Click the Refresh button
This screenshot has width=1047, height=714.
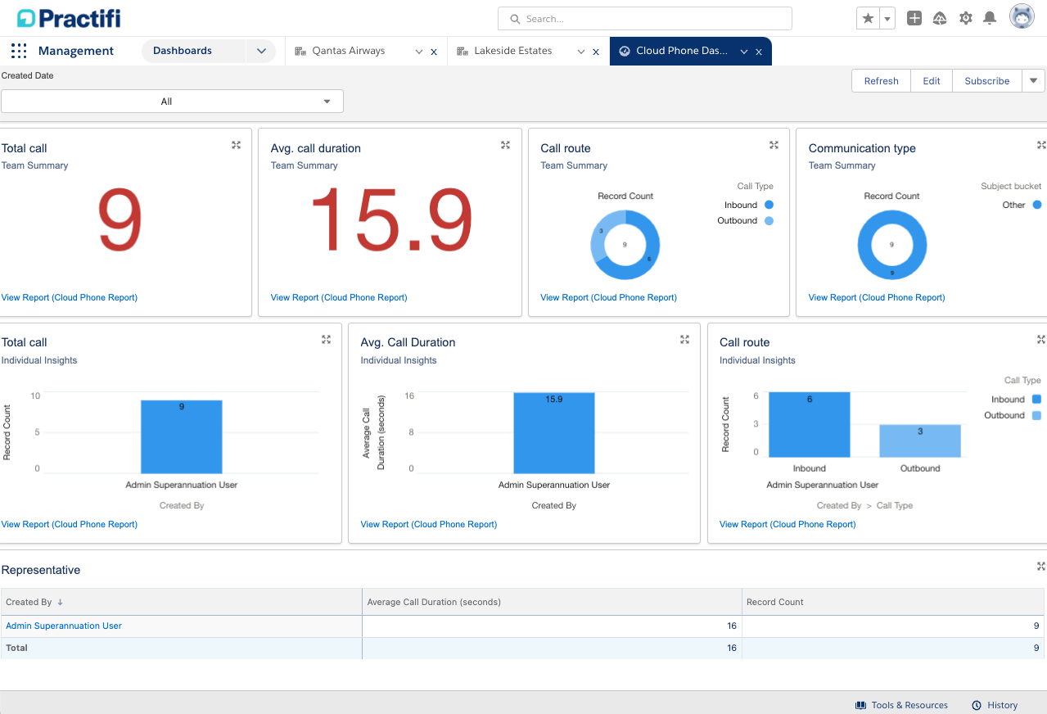click(x=881, y=81)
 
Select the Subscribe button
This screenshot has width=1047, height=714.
click(x=986, y=81)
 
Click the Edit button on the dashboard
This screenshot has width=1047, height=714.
click(x=932, y=81)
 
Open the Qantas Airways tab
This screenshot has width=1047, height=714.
click(x=348, y=51)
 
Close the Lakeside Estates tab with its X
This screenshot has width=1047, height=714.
click(x=596, y=52)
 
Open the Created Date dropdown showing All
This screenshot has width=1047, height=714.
click(x=172, y=102)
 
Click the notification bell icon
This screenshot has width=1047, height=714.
click(x=990, y=18)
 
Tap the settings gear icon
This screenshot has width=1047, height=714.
click(x=965, y=18)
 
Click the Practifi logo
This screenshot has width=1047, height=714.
click(x=69, y=18)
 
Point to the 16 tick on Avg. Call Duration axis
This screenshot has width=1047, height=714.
click(x=409, y=395)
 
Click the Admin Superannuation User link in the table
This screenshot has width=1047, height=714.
click(x=64, y=626)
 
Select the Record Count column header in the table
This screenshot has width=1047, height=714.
click(x=775, y=602)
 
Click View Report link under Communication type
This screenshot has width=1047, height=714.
click(x=876, y=297)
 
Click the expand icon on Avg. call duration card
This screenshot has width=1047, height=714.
click(x=505, y=145)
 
